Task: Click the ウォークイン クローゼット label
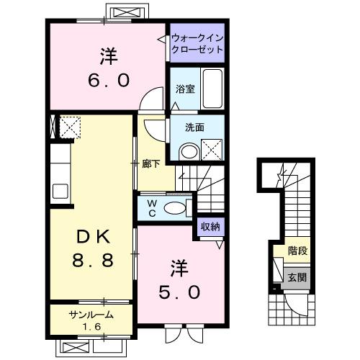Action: tap(197, 43)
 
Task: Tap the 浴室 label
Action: tap(185, 90)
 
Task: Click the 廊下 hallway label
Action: tap(150, 163)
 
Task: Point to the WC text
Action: tap(153, 207)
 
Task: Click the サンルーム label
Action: tap(91, 315)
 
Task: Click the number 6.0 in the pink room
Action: tap(109, 79)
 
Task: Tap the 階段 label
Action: tap(297, 253)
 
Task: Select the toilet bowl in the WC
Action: tap(175, 207)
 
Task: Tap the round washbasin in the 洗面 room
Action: tap(188, 152)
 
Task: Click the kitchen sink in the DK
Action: tap(60, 192)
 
